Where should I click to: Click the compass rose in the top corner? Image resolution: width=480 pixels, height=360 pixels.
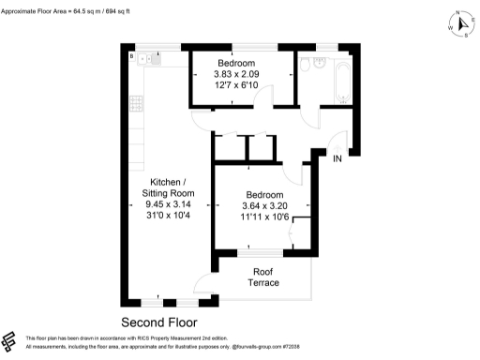coord(460,25)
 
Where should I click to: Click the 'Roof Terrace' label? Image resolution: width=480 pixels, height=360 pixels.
coord(262,277)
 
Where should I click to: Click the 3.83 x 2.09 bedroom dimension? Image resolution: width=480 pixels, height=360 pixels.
coord(232,76)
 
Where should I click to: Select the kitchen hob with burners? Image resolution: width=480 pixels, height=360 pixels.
coord(137,101)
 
